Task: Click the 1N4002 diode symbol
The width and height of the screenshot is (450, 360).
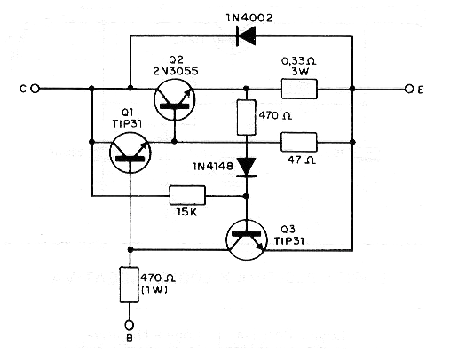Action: point(246,36)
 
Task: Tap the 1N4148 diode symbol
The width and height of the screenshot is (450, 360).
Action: point(247,168)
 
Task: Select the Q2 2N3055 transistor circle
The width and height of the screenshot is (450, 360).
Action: point(175,99)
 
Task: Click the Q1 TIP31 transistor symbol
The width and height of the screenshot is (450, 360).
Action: point(130,153)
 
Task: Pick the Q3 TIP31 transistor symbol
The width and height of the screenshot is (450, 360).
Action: point(247,239)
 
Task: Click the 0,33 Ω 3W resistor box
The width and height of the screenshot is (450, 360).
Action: point(299,89)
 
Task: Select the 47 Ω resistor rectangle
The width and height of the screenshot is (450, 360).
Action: point(299,142)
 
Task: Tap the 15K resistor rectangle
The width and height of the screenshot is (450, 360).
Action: point(187,195)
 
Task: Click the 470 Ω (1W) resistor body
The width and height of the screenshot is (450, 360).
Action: point(130,285)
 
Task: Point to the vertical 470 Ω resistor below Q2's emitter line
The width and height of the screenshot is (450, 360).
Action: point(247,118)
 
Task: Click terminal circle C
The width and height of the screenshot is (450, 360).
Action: point(36,89)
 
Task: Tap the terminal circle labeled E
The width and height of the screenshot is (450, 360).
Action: point(409,89)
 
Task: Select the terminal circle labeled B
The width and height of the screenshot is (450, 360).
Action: point(130,325)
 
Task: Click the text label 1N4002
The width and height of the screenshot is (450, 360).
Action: point(249,18)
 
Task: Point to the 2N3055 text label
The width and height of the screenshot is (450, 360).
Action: point(176,71)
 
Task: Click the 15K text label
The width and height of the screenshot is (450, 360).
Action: point(186,212)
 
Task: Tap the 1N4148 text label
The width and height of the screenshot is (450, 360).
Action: point(213,167)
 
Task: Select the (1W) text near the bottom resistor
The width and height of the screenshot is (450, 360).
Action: point(154,291)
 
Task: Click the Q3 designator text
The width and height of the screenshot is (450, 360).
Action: point(288,229)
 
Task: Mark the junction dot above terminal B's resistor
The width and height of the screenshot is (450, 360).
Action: point(130,250)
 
